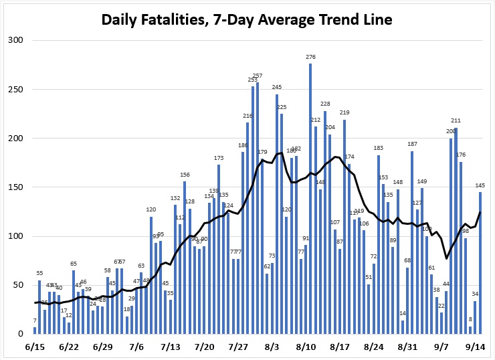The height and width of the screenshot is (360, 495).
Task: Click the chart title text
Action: tap(247, 19)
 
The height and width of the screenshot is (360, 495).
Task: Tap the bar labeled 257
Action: tap(258, 208)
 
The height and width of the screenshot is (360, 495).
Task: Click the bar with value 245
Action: tap(277, 214)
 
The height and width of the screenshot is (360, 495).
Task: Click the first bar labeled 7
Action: tap(35, 331)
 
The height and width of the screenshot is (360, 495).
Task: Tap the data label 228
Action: tap(325, 104)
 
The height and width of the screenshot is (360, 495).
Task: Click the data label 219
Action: tap(344, 112)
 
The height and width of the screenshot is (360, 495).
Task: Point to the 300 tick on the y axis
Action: tap(15, 40)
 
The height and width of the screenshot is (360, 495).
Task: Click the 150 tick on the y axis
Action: tap(15, 187)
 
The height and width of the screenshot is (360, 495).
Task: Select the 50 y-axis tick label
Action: tap(18, 285)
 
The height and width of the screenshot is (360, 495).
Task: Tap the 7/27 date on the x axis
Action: tap(239, 347)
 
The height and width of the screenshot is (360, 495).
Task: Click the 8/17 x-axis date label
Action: tap(340, 347)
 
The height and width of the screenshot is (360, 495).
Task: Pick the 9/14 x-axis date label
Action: tap(476, 347)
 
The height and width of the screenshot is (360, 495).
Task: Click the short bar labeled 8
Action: tap(470, 330)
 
